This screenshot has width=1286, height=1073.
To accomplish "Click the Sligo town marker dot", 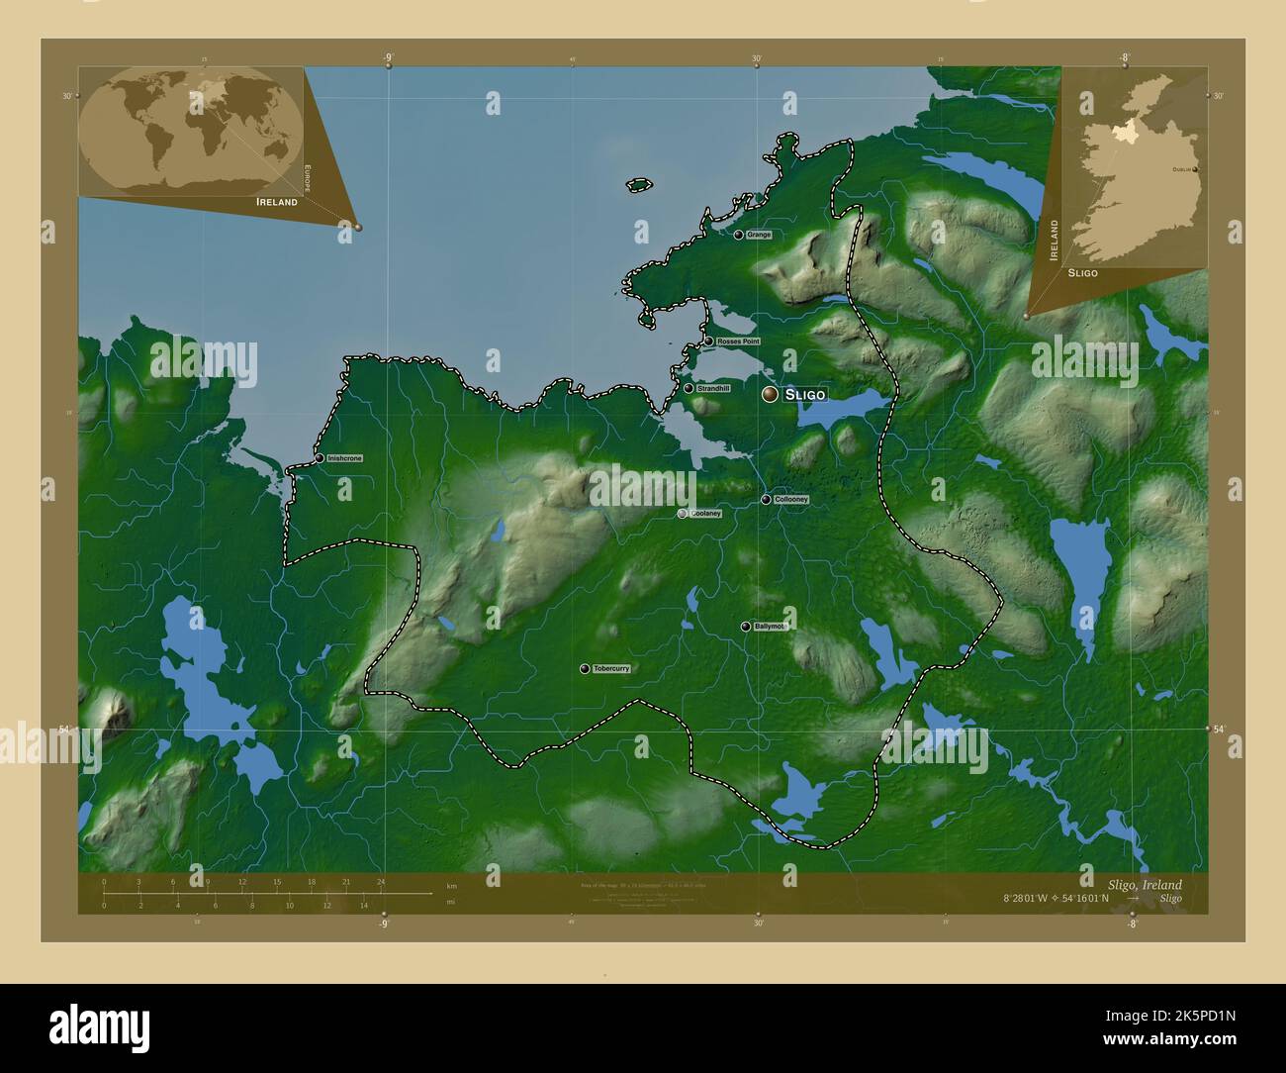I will [x=770, y=394].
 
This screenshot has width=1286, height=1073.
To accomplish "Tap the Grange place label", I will [x=760, y=236].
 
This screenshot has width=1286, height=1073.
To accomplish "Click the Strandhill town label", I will [x=713, y=389].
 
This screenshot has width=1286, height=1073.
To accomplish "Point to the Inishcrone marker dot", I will [x=320, y=458].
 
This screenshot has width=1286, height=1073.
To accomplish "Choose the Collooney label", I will [x=792, y=500].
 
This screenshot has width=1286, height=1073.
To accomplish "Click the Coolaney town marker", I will [x=683, y=514].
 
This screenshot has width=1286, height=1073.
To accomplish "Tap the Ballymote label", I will [x=769, y=627].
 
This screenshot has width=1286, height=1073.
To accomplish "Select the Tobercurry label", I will [x=606, y=669].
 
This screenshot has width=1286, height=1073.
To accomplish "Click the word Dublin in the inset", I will [x=1181, y=170].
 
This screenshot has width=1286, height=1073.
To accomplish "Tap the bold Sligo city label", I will [x=804, y=394].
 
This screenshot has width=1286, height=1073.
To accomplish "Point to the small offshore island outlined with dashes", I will [x=640, y=184].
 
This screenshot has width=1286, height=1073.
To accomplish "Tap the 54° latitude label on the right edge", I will [x=1220, y=730].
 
